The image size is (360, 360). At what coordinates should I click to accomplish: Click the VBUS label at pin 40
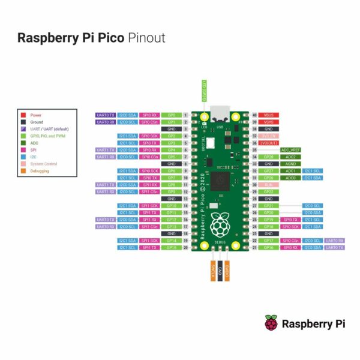pos(268,115)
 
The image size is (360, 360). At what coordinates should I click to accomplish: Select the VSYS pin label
pos(268,122)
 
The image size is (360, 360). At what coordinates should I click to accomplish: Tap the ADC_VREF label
pos(291,149)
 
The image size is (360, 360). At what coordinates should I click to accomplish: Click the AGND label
pos(291,163)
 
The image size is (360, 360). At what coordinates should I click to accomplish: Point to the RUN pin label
pos(268,185)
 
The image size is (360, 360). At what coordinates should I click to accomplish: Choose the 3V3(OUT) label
pos(268,143)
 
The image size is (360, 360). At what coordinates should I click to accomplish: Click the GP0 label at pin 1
pos(172,115)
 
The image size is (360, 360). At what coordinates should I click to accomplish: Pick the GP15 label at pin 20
pos(172,247)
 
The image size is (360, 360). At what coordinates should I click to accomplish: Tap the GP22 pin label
pos(268,191)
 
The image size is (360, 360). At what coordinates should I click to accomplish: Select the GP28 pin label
pos(268,157)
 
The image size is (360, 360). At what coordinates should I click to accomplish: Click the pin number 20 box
pos(186,247)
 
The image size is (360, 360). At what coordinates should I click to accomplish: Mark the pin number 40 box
pos(254,115)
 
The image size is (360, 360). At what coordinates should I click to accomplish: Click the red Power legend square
pos(23,115)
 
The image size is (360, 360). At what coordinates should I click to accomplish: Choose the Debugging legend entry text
pos(40,171)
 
